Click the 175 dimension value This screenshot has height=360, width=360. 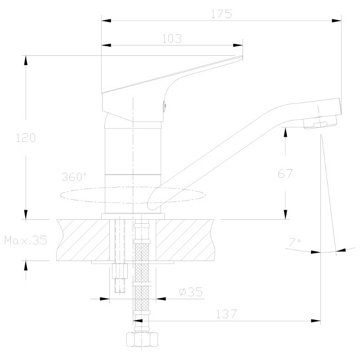click(221, 14)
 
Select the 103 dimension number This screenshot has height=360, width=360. click(172, 39)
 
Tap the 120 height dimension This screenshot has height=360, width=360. click(26, 138)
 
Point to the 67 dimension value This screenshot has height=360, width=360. click(285, 174)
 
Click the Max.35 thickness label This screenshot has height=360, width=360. click(26, 240)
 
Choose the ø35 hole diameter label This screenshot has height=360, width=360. click(191, 292)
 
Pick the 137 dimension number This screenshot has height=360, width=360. click(226, 314)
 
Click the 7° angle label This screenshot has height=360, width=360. click(295, 243)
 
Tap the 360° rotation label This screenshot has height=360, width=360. click(74, 177)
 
